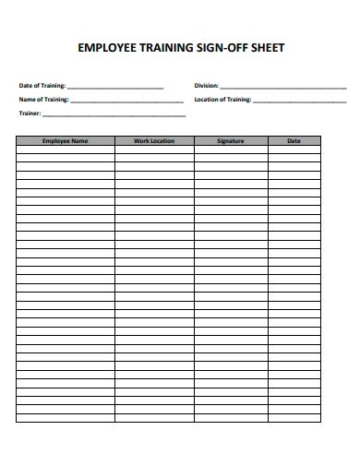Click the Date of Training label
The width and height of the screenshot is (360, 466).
point(42,85)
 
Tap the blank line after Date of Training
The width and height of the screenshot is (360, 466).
point(115,87)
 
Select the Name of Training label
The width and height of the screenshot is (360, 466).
point(43,99)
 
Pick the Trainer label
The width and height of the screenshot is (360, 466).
point(30,114)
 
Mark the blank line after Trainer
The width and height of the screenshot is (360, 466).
point(114,115)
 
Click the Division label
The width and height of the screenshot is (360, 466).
point(206,85)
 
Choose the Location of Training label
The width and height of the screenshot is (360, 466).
point(222,99)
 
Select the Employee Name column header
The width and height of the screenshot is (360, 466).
point(65,141)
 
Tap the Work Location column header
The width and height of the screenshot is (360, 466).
point(154,141)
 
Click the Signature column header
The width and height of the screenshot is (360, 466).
point(230,141)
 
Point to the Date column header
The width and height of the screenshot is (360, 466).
point(294,141)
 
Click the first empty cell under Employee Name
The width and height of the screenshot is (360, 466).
point(65,149)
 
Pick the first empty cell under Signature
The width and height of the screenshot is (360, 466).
point(230,149)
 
